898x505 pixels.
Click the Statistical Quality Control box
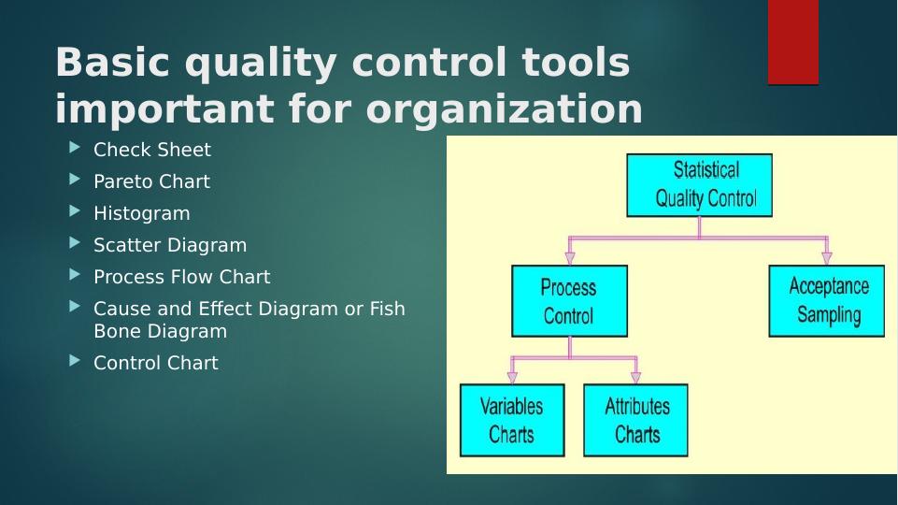(x=699, y=185)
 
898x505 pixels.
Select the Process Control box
(x=569, y=301)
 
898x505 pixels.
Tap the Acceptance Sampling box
(x=826, y=301)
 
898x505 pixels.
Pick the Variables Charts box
(x=512, y=420)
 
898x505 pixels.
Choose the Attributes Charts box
(x=635, y=420)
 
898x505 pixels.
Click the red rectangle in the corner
(x=793, y=42)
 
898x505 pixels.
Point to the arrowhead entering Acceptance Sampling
(x=826, y=257)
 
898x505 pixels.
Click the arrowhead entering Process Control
(x=569, y=257)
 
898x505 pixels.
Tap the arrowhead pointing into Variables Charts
(x=512, y=377)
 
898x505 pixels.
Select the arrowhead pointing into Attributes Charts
(x=635, y=377)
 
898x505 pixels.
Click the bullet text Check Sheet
(x=152, y=150)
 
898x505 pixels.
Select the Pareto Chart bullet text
(x=151, y=181)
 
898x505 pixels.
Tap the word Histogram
(x=142, y=214)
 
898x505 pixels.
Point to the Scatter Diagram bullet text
(x=170, y=245)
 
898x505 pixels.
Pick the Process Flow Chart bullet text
(x=181, y=277)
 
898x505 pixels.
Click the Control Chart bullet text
(x=156, y=363)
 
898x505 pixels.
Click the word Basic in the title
(x=112, y=62)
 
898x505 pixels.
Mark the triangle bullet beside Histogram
(x=75, y=211)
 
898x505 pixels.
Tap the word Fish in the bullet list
(x=387, y=309)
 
